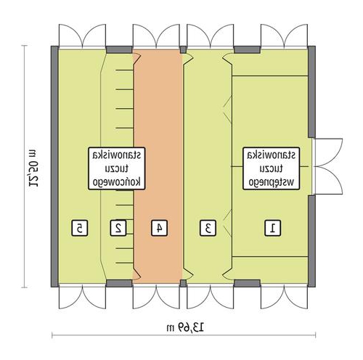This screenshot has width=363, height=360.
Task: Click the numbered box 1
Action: point(273,228)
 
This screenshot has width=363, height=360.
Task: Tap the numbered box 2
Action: point(118,228)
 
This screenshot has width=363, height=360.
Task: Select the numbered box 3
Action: point(208,228)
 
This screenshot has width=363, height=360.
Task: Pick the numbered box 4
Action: point(159,228)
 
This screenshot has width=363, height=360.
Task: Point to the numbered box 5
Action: point(80,228)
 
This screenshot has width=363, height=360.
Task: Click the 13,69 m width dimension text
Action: point(185,327)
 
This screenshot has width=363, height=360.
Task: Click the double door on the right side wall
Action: point(327,166)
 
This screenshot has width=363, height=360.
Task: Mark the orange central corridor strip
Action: point(158,166)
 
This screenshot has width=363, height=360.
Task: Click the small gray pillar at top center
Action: point(184,49)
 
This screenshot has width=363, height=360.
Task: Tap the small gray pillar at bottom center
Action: point(184,283)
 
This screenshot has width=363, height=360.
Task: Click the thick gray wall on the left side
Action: point(54,166)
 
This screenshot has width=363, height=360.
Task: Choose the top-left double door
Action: point(82,36)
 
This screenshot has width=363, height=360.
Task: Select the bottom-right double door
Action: point(284,297)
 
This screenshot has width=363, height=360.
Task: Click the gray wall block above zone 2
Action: point(119,49)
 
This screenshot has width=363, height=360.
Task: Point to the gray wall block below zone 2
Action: point(119,283)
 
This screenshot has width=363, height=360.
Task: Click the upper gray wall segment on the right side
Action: point(311,92)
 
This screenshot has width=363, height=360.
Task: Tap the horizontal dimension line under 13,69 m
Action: point(184,335)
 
